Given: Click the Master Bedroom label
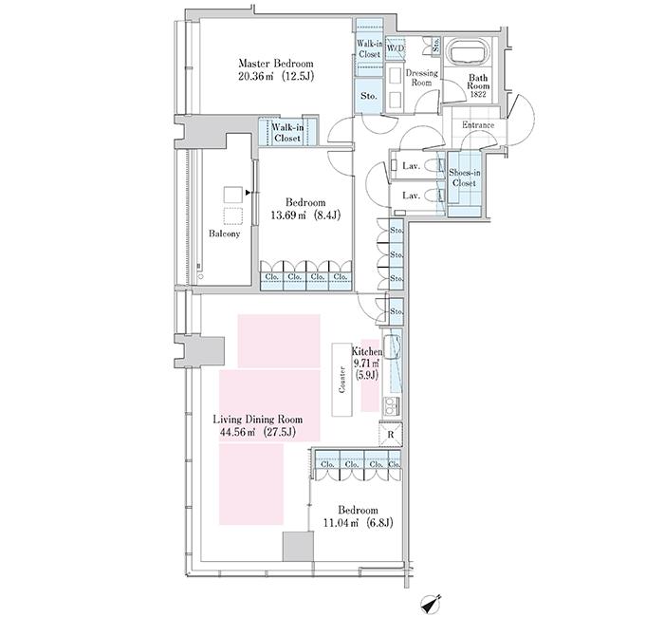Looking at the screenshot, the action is [276, 64].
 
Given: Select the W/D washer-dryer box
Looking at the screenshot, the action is [396, 48].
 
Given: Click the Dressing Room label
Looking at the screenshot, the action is [422, 78].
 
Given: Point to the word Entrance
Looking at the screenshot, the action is [478, 125].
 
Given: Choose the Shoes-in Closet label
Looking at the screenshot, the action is [465, 178].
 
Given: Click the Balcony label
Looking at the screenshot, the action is [225, 234].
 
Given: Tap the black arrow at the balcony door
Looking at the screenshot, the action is [249, 194].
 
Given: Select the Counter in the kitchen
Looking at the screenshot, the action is [342, 380].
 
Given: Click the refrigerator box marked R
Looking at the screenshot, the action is [390, 435].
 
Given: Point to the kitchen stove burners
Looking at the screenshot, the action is [392, 406].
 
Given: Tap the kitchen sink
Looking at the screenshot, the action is [391, 343].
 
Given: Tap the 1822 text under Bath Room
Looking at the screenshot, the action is [478, 95].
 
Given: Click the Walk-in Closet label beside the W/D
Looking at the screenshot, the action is [370, 48].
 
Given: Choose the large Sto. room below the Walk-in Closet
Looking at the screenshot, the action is [369, 96].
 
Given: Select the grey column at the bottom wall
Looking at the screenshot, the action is [299, 546].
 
